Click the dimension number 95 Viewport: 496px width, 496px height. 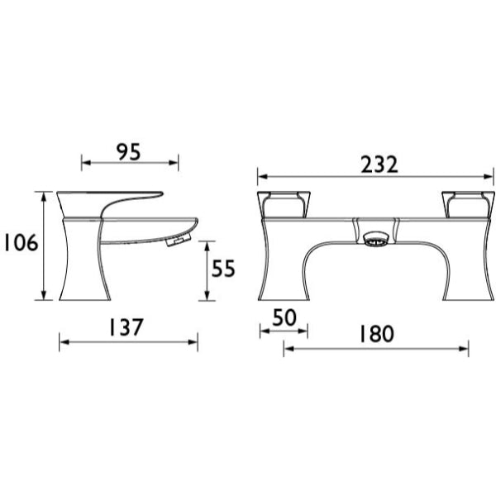click(128, 152)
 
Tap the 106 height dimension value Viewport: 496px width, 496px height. click(21, 242)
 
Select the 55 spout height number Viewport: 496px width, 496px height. click(223, 269)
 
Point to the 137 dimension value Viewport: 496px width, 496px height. click(126, 327)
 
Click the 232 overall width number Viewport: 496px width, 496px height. click(379, 165)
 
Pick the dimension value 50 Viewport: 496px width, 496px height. click(284, 317)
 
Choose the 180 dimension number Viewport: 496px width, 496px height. click(377, 334)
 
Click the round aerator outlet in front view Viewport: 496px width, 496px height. click(375, 239)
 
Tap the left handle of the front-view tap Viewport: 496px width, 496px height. click(284, 205)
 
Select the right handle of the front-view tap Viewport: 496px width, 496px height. click(468, 205)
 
